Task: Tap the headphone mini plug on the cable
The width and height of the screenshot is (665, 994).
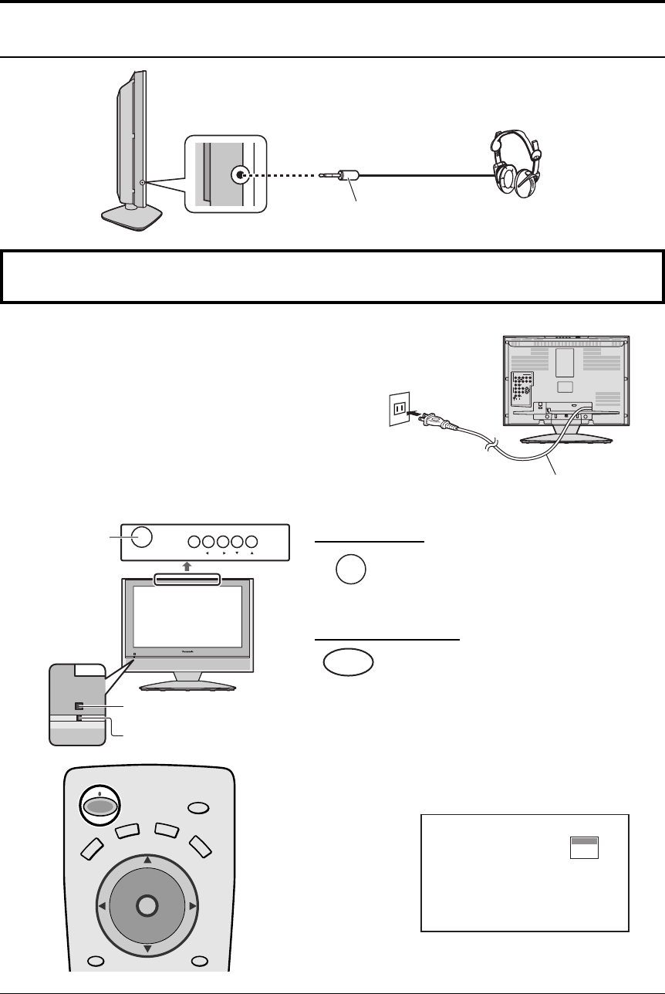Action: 346,177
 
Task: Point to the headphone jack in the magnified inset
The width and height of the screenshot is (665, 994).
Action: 239,175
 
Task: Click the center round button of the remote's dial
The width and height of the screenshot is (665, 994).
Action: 147,904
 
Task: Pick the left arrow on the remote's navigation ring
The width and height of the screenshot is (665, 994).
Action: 102,904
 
